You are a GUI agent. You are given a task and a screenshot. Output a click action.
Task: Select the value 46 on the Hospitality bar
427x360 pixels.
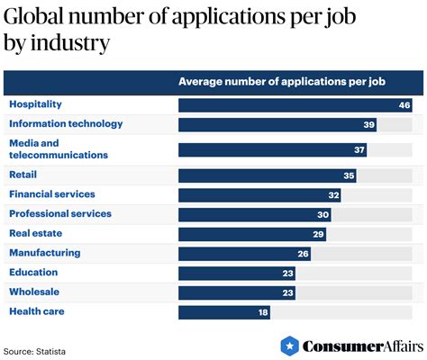click(x=404, y=105)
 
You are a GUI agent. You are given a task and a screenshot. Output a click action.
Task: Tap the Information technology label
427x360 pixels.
click(x=66, y=124)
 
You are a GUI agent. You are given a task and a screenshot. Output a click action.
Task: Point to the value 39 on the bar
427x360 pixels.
click(x=368, y=125)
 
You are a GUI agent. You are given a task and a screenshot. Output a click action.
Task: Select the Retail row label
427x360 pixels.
click(x=23, y=175)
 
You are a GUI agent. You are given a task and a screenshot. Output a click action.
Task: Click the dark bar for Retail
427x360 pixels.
click(x=267, y=175)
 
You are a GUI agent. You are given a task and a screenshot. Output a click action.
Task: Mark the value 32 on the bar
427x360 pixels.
click(x=334, y=195)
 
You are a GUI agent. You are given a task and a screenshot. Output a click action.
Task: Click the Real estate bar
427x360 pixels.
click(x=251, y=234)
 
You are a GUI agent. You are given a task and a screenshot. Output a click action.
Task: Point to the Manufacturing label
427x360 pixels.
click(x=44, y=253)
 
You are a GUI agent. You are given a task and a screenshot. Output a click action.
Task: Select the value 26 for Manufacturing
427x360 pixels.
click(x=304, y=254)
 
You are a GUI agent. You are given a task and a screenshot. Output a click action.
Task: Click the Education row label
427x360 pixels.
click(x=33, y=273)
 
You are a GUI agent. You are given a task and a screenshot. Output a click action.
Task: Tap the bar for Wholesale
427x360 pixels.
click(x=236, y=292)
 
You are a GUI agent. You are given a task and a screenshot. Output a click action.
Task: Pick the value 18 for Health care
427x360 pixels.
click(x=262, y=312)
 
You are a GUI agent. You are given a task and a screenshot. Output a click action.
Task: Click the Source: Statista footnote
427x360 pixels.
click(x=34, y=349)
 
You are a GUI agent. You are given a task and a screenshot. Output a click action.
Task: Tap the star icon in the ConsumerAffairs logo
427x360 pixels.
click(x=289, y=346)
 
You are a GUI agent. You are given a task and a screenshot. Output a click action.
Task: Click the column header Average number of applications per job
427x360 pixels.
click(x=282, y=82)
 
